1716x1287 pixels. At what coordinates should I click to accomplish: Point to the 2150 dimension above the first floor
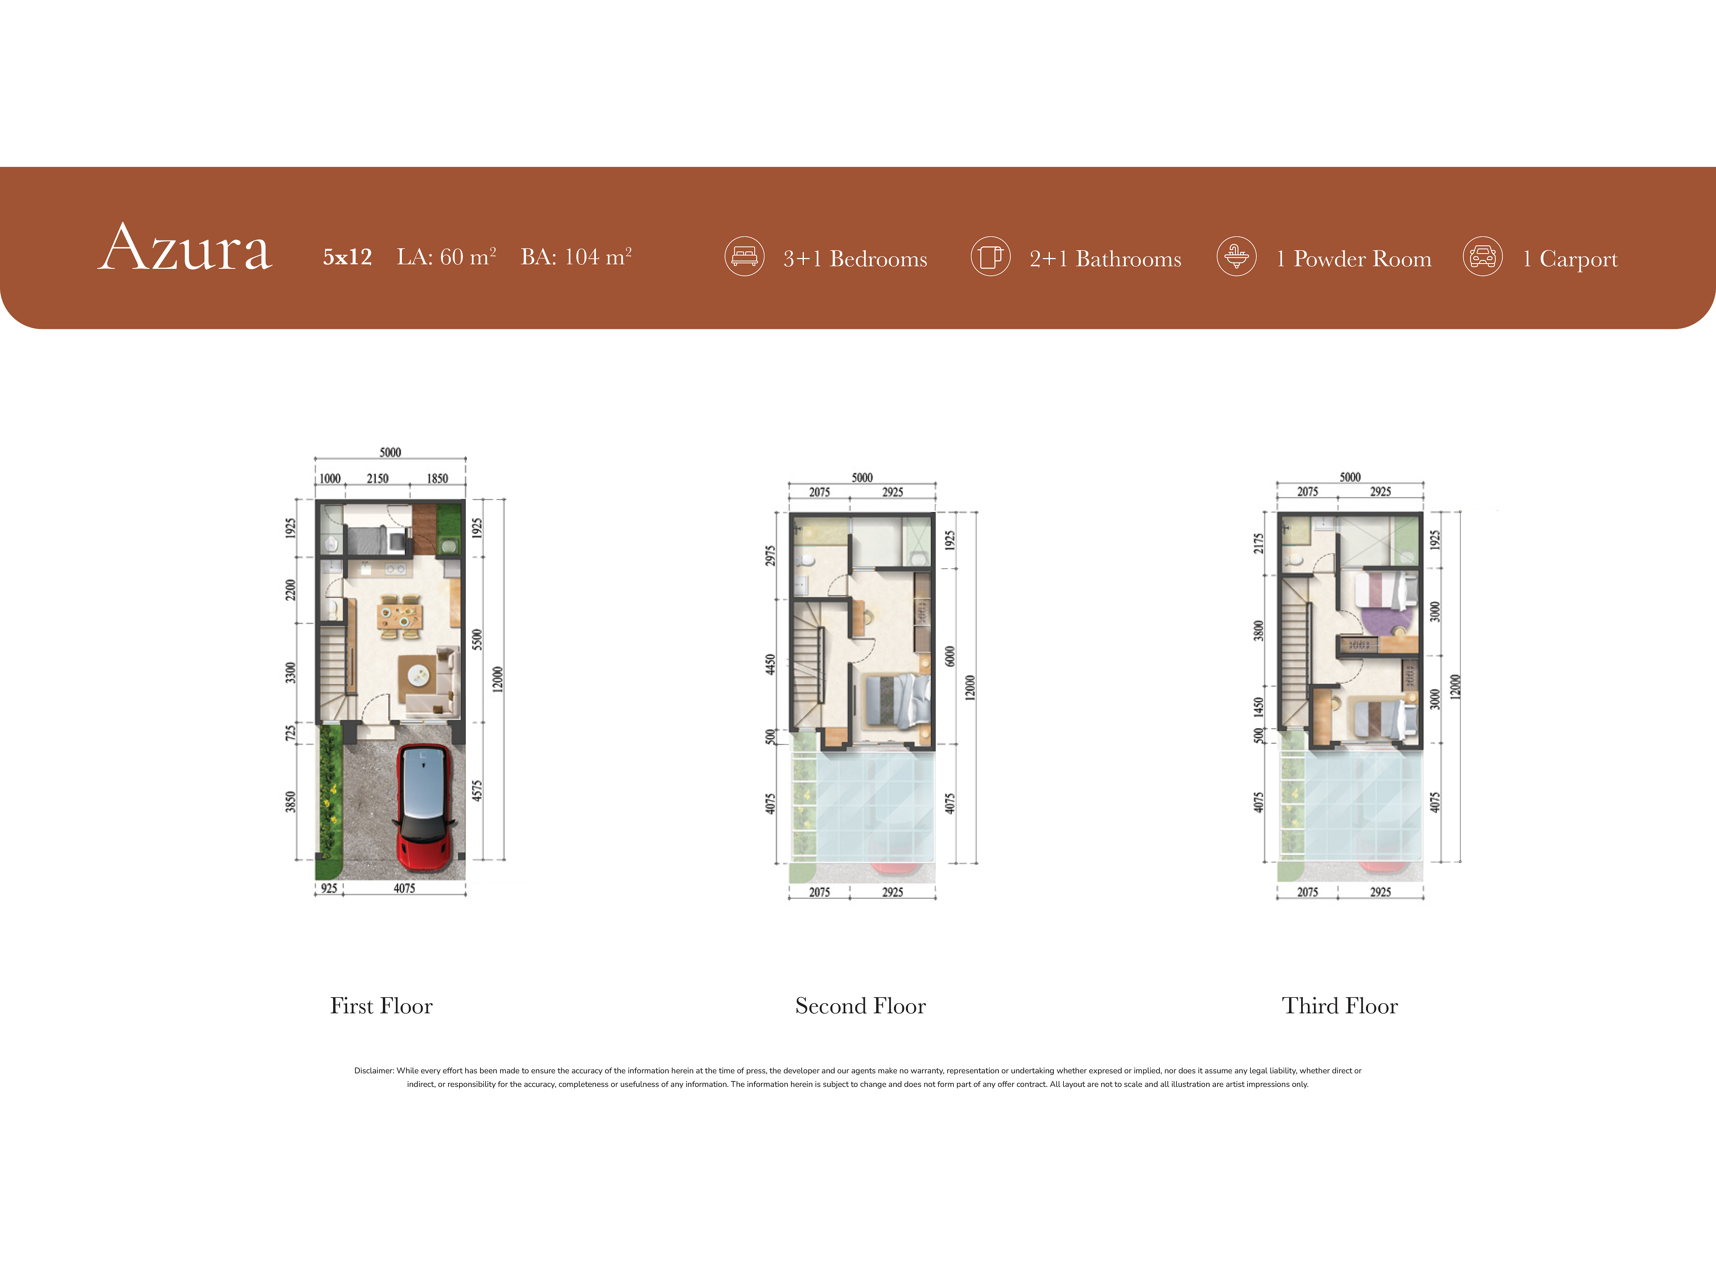pos(378,479)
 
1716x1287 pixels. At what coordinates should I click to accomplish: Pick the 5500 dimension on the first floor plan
pos(477,640)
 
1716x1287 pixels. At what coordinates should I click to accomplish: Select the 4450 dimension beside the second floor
pos(770,665)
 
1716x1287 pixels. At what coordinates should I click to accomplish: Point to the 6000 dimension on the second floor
pos(950,656)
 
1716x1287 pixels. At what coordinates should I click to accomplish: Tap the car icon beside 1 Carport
pos(1483,256)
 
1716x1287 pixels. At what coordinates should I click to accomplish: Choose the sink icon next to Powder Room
pos(1237,256)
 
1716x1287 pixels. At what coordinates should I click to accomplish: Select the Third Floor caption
pos(1340,1006)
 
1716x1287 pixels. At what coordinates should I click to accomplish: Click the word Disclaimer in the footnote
pos(374,1070)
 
